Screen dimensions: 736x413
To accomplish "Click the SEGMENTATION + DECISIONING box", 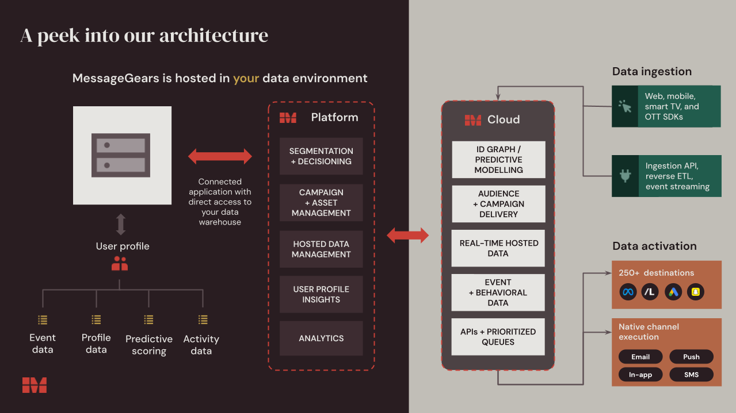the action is point(321,156).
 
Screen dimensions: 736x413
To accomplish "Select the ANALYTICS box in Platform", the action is point(321,338).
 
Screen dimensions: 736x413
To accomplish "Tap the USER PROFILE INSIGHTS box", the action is point(321,294).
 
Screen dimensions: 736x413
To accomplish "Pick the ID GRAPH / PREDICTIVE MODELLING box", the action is point(498,160).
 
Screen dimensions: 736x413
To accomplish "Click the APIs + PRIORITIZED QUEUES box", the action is point(498,337).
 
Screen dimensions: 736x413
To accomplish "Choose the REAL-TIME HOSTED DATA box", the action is point(498,248).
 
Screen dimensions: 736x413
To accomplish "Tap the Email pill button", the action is point(640,357).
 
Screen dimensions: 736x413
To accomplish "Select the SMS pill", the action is point(691,375).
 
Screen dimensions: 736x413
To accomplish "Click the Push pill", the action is point(691,357).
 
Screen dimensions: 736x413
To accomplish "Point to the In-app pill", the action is point(640,375).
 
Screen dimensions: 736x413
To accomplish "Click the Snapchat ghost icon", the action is point(696,292).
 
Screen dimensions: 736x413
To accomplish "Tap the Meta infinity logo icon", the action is point(628,292).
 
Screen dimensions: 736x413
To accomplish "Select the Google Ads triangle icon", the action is point(673,292).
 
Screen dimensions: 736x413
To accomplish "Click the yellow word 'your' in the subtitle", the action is point(246,78).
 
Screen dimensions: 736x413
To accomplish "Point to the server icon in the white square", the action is point(121,155).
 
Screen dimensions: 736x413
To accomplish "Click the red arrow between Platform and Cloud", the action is point(408,235).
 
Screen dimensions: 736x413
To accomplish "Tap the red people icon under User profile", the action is point(120,264).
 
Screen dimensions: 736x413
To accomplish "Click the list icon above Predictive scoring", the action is point(148,319).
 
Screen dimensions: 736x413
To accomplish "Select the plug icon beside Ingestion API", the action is point(626,176).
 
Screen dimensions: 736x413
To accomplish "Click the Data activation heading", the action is point(654,246).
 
